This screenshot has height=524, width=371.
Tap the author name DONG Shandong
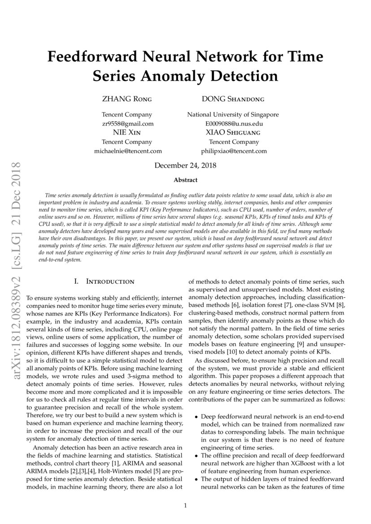click(x=233, y=99)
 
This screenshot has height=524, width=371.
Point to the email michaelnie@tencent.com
click(x=127, y=151)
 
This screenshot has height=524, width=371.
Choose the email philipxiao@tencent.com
click(x=233, y=151)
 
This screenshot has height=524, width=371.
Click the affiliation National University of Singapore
click(x=233, y=115)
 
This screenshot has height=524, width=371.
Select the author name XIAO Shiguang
click(x=233, y=133)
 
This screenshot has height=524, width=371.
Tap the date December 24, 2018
click(x=185, y=166)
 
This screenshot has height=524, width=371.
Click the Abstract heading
click(x=185, y=180)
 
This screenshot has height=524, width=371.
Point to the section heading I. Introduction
click(x=104, y=282)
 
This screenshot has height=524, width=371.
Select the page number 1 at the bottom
click(x=185, y=506)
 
